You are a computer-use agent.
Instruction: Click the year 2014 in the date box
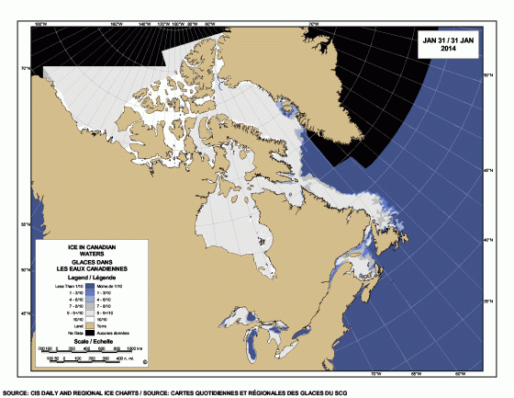[448, 49]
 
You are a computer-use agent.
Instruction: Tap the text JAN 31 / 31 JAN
[448, 40]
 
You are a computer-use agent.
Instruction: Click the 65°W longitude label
[415, 372]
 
